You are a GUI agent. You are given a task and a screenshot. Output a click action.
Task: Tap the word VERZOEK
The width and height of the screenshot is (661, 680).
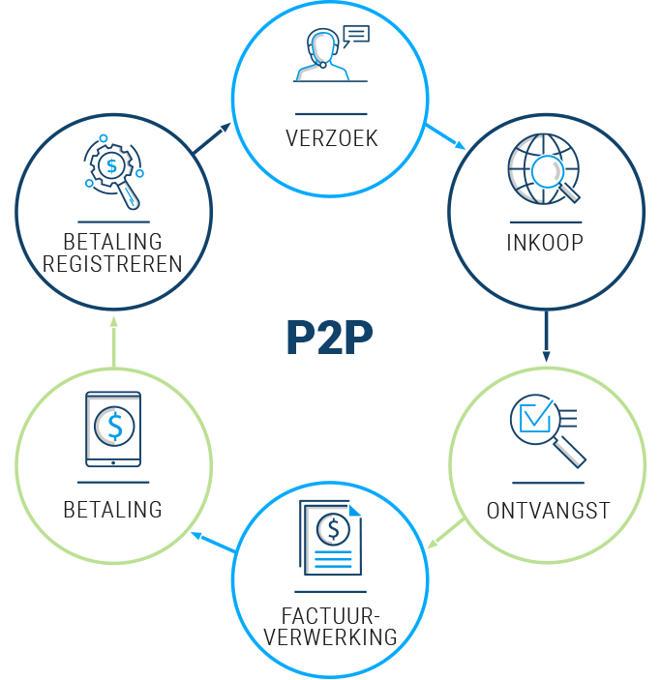[x=331, y=138]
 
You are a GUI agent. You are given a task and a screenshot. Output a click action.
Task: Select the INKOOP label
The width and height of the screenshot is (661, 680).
[x=545, y=242]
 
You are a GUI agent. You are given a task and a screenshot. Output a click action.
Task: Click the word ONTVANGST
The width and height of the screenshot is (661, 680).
[x=548, y=510]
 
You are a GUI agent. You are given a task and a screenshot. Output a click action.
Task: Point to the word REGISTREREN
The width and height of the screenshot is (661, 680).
[x=113, y=263]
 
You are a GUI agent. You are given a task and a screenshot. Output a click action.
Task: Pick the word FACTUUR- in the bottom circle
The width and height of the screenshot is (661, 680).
[x=331, y=615]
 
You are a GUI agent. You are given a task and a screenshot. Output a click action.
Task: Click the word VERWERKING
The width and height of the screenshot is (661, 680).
[x=331, y=637]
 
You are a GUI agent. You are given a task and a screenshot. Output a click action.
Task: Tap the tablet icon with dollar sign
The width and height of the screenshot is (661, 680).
[x=113, y=429]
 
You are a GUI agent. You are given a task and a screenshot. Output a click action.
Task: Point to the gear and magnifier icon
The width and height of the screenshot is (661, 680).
[x=114, y=172]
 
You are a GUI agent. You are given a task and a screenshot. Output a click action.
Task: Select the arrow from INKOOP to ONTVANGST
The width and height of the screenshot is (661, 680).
[x=547, y=337]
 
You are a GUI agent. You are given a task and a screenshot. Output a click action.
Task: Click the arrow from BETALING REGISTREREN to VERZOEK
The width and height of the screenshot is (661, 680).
[x=213, y=137]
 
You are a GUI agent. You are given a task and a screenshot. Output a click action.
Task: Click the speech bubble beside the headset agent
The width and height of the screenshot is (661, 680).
[x=356, y=37]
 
